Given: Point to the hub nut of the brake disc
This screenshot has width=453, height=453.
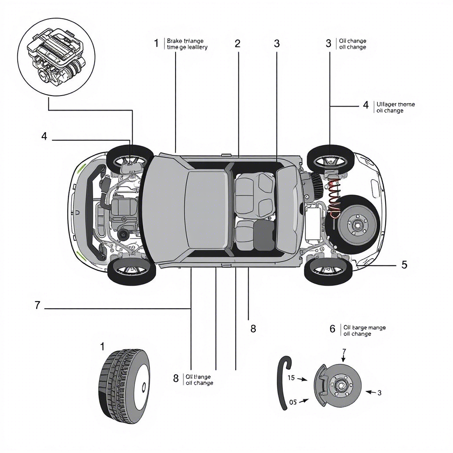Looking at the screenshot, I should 341,384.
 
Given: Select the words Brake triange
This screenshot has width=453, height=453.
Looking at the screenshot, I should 185,41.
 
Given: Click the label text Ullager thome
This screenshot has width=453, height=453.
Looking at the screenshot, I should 395,104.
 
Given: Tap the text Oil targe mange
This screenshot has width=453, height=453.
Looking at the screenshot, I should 364,328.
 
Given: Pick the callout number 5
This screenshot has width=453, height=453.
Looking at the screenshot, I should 404,265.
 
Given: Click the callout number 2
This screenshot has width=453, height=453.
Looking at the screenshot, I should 238,43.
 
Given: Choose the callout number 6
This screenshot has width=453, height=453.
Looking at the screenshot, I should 333,329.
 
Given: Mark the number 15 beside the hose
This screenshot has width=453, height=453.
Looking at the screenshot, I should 291,378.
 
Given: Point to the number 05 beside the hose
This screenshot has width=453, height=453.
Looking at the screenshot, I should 292,402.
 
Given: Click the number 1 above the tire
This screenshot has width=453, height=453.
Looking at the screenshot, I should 103,347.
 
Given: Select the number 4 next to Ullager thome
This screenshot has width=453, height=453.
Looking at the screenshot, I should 365,105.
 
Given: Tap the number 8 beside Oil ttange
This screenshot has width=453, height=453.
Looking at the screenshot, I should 176,378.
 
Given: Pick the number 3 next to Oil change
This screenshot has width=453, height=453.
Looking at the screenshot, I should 328,43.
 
